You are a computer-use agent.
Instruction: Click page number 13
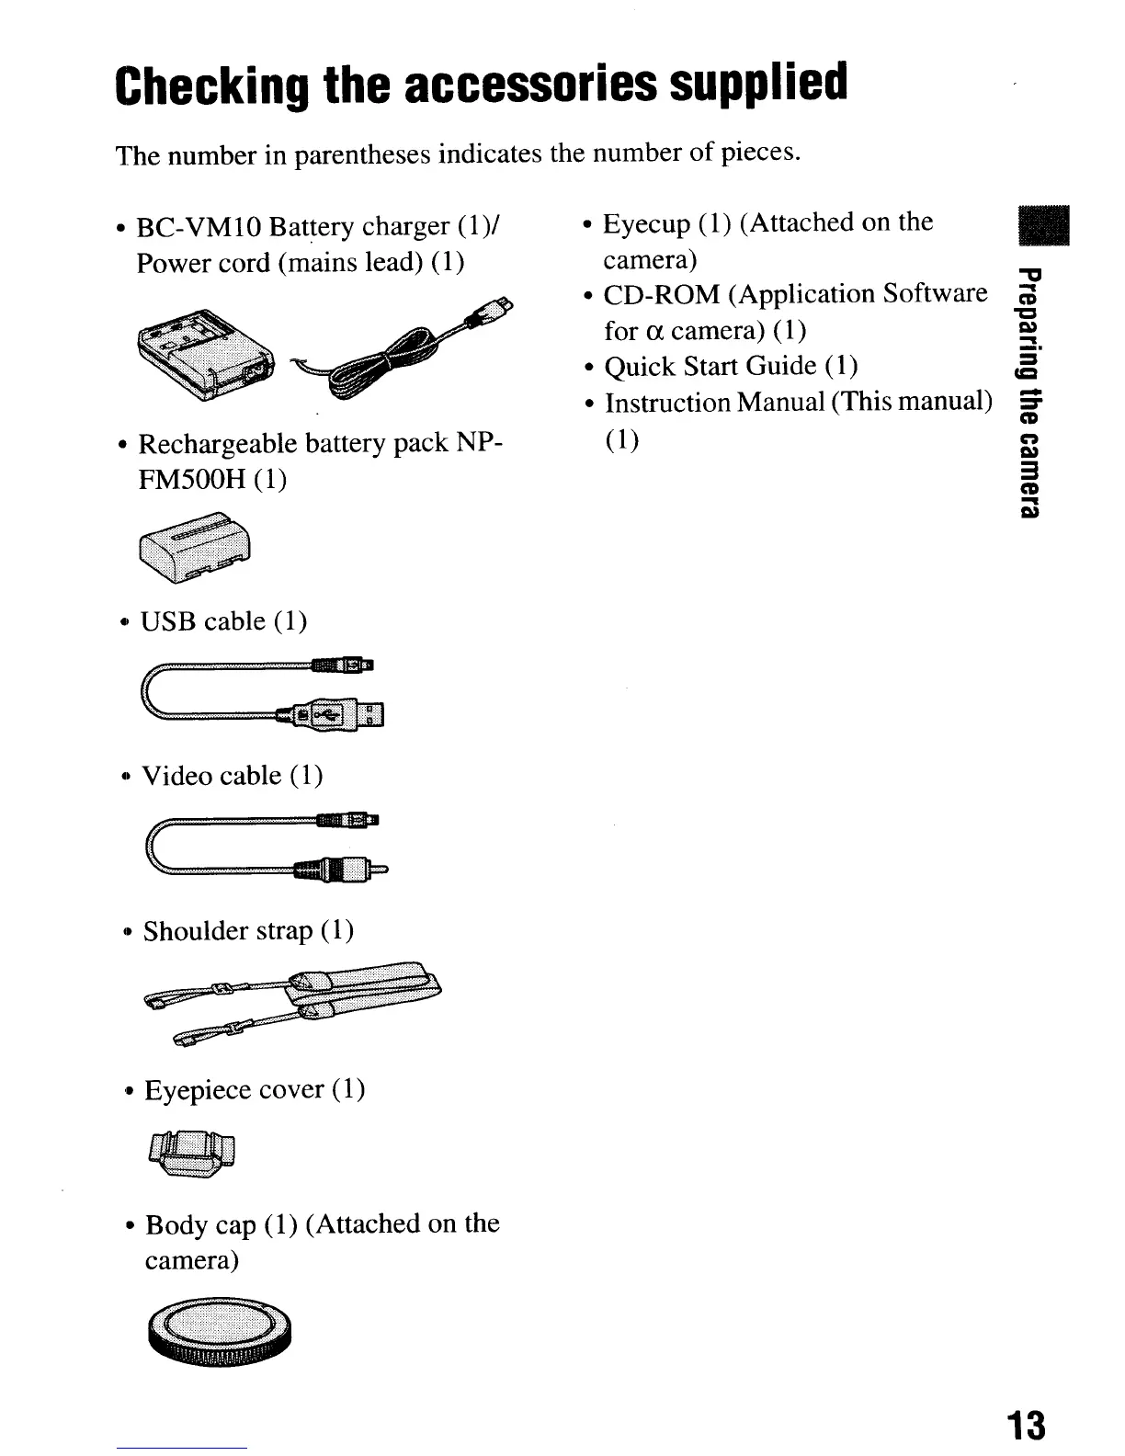click(1025, 1426)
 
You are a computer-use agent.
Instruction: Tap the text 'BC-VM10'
click(187, 226)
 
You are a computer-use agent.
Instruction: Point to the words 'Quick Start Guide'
click(710, 366)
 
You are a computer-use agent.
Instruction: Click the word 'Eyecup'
click(646, 223)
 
